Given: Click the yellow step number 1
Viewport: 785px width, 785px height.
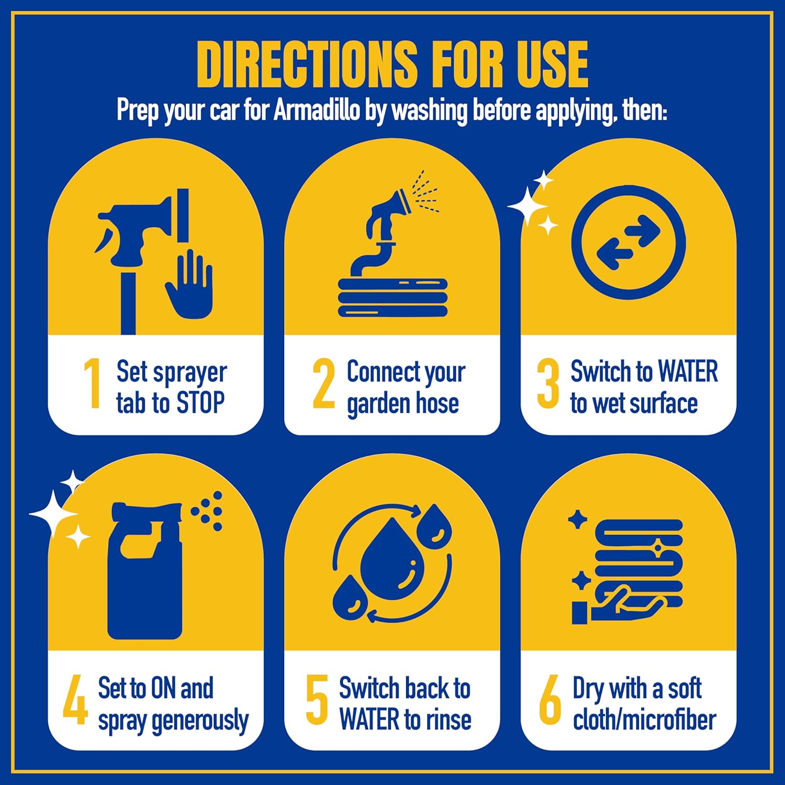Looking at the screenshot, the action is click(x=93, y=383).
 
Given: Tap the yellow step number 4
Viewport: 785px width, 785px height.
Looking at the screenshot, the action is click(x=75, y=699).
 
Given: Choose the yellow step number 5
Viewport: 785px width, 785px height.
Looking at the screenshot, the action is click(x=317, y=699).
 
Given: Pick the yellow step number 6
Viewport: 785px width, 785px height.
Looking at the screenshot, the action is click(x=550, y=699).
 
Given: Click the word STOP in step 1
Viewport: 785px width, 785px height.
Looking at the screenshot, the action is click(x=201, y=403).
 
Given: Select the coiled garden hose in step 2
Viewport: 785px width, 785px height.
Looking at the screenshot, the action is click(x=392, y=296).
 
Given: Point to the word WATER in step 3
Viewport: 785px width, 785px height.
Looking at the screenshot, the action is click(x=688, y=372).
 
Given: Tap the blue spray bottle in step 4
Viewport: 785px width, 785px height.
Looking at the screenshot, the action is click(x=145, y=570).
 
